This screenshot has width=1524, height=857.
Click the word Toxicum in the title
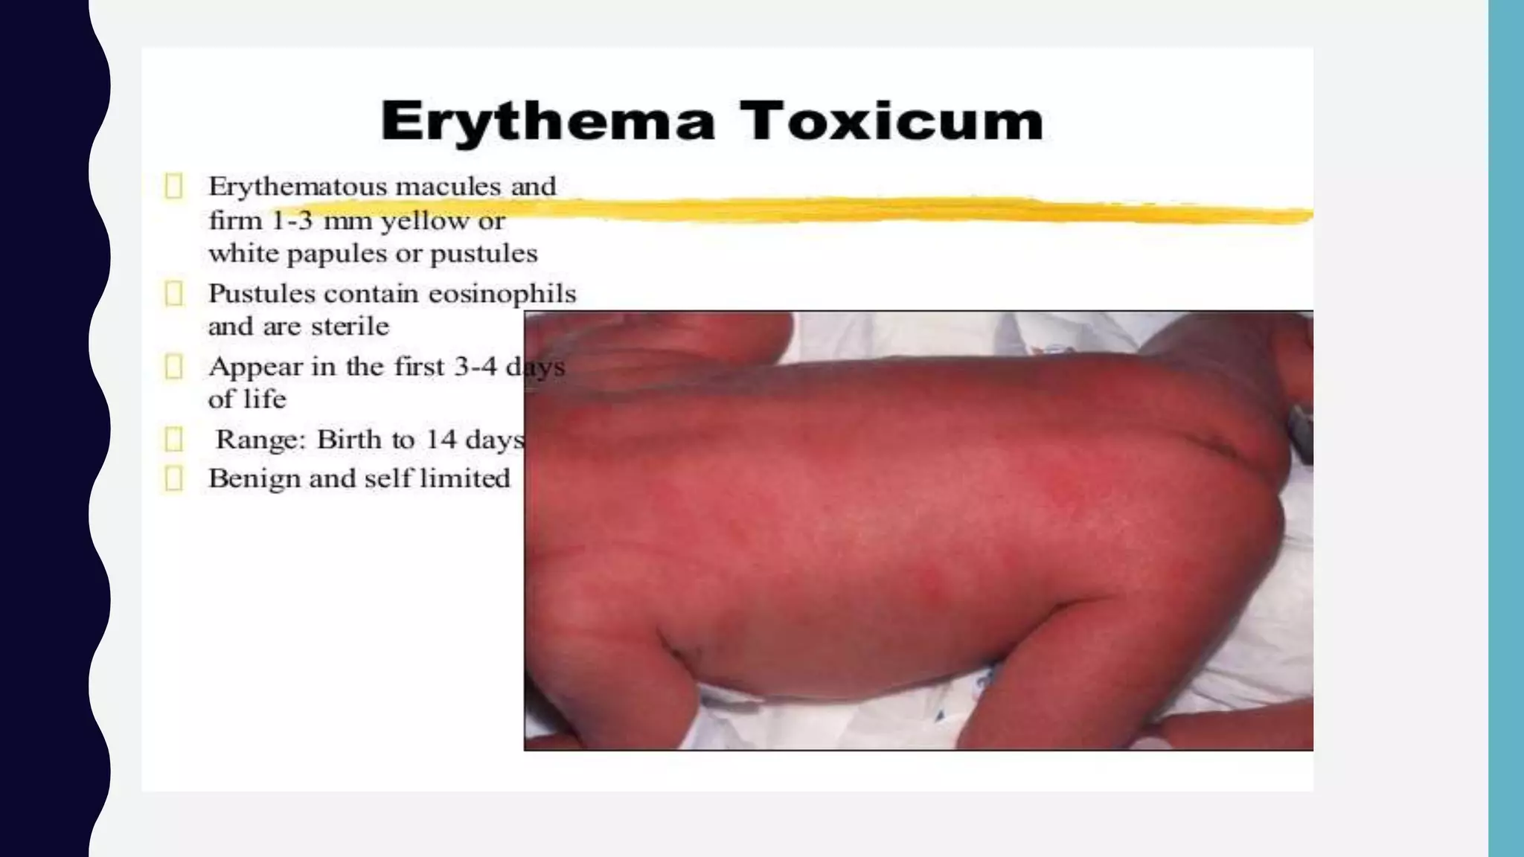point(891,121)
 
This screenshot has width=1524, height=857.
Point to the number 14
point(441,439)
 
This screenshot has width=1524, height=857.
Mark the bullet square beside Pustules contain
point(173,294)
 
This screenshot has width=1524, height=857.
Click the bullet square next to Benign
point(173,478)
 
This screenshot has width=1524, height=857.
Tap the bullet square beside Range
point(173,439)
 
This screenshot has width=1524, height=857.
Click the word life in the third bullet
point(268,399)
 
